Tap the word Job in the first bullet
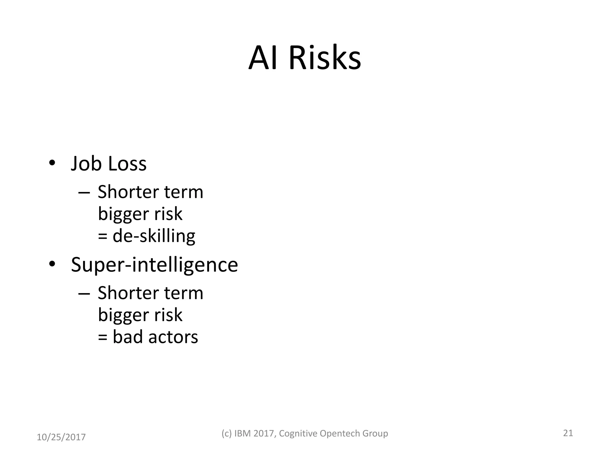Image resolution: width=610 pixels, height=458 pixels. (86, 164)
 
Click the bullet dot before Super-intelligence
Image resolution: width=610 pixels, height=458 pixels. (52, 264)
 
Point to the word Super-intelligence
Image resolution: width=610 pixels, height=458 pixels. (154, 265)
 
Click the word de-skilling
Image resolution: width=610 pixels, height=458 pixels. (154, 236)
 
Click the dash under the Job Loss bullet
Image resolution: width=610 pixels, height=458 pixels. (84, 193)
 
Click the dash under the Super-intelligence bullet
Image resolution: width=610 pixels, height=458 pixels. (84, 294)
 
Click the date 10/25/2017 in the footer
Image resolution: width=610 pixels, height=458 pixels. (61, 437)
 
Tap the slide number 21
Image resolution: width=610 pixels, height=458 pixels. (568, 433)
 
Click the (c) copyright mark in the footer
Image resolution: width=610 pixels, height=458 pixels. (226, 433)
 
